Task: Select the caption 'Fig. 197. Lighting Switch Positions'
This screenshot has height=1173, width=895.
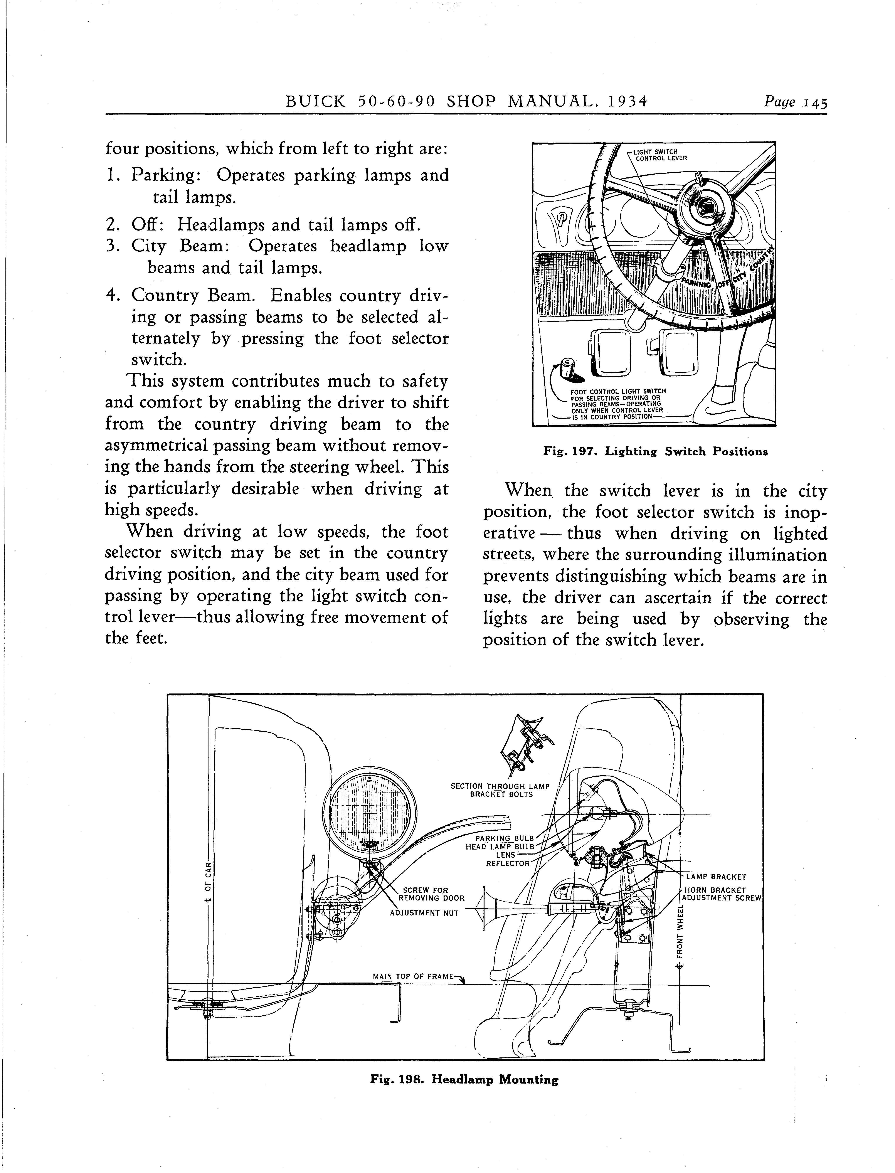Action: (655, 452)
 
